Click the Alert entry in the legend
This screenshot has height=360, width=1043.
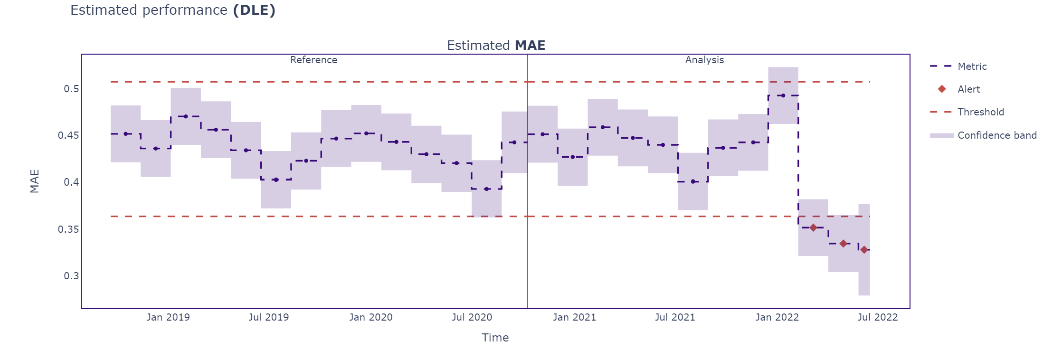click(x=968, y=89)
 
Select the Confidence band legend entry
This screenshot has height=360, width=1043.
click(x=996, y=135)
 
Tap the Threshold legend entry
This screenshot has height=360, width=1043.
click(x=980, y=112)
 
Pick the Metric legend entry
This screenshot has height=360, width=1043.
click(x=972, y=66)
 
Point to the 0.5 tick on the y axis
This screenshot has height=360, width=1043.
click(x=71, y=89)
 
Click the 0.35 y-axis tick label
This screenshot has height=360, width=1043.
click(x=68, y=229)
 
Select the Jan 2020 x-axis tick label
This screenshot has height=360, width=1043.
click(x=370, y=317)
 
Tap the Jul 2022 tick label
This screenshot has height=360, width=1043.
click(x=877, y=317)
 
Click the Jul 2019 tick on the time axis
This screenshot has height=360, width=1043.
click(x=268, y=317)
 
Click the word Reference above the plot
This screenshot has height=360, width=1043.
click(x=313, y=60)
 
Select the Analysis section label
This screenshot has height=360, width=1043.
click(x=704, y=60)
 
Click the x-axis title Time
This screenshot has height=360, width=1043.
click(x=495, y=338)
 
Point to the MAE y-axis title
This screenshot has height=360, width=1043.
click(x=35, y=181)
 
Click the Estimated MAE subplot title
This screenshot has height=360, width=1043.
click(x=496, y=46)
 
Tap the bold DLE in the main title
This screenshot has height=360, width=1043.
click(x=254, y=10)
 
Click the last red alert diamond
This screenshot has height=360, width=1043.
click(x=864, y=250)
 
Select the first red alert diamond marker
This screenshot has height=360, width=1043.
click(x=813, y=228)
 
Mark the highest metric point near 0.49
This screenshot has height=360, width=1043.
click(x=783, y=95)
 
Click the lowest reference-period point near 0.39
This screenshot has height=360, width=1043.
click(x=486, y=189)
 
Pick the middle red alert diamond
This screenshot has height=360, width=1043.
click(x=843, y=244)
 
